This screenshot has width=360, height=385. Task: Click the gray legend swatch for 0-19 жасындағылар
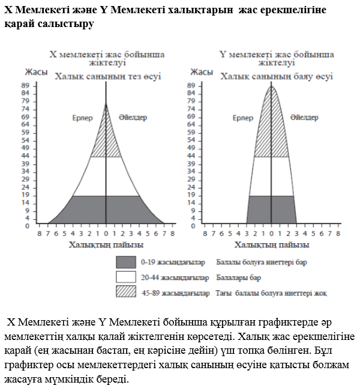point(126,262)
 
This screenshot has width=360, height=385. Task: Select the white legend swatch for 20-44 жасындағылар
point(126,277)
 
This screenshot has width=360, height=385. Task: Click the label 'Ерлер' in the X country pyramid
point(82,118)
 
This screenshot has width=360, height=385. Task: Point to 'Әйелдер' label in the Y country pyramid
point(304,118)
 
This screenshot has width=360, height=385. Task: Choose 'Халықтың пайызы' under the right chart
point(272,244)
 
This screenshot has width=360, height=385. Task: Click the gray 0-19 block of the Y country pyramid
point(272,210)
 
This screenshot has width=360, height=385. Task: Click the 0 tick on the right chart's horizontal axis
point(272,232)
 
